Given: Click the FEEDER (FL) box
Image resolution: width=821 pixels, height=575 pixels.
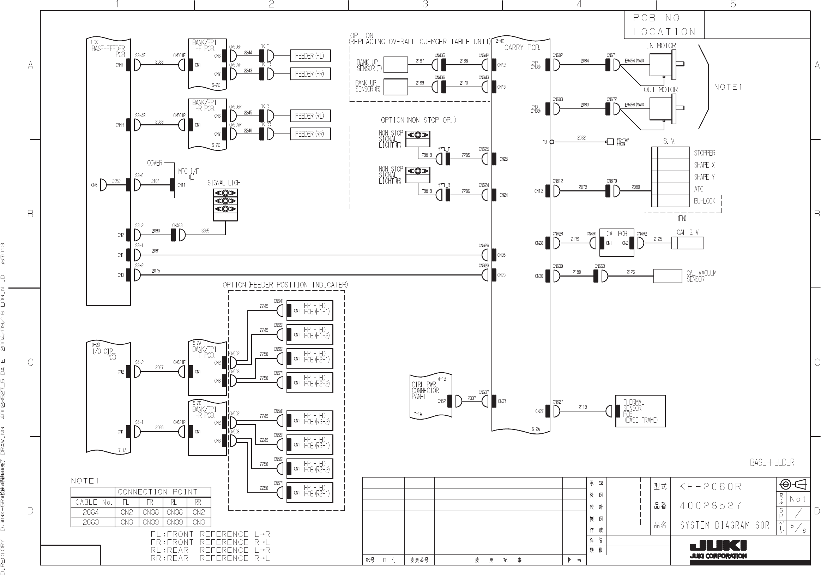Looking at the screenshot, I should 310,56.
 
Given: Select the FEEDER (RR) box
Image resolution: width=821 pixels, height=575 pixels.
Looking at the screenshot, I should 310,134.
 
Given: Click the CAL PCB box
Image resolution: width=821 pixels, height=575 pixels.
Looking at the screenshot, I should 616,242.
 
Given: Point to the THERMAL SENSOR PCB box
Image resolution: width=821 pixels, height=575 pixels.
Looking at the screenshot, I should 640,411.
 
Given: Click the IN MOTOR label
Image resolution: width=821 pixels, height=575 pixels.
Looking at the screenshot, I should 661,46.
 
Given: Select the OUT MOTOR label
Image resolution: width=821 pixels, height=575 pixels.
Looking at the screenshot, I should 660,89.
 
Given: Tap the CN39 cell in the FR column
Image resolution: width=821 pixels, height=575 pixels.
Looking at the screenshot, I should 151,522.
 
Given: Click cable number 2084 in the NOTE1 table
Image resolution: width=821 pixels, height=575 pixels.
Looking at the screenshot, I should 91,512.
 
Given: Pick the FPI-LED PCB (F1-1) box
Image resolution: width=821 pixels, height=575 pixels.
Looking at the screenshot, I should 310,310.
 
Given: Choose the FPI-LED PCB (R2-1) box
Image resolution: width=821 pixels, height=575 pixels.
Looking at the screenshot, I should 310,492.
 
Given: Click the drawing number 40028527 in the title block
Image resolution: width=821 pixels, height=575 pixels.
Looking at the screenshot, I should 710,505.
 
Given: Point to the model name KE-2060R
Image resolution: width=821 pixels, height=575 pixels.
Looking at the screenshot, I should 710,487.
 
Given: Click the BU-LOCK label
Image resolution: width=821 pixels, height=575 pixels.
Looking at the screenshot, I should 704,201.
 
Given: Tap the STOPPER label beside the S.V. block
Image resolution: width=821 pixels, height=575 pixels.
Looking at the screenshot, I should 705,153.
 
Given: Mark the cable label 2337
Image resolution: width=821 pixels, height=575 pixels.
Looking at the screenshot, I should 472,398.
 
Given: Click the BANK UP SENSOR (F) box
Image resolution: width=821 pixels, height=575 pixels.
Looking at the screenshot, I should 396,65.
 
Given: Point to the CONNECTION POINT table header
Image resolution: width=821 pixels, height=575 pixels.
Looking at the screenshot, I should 158,492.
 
